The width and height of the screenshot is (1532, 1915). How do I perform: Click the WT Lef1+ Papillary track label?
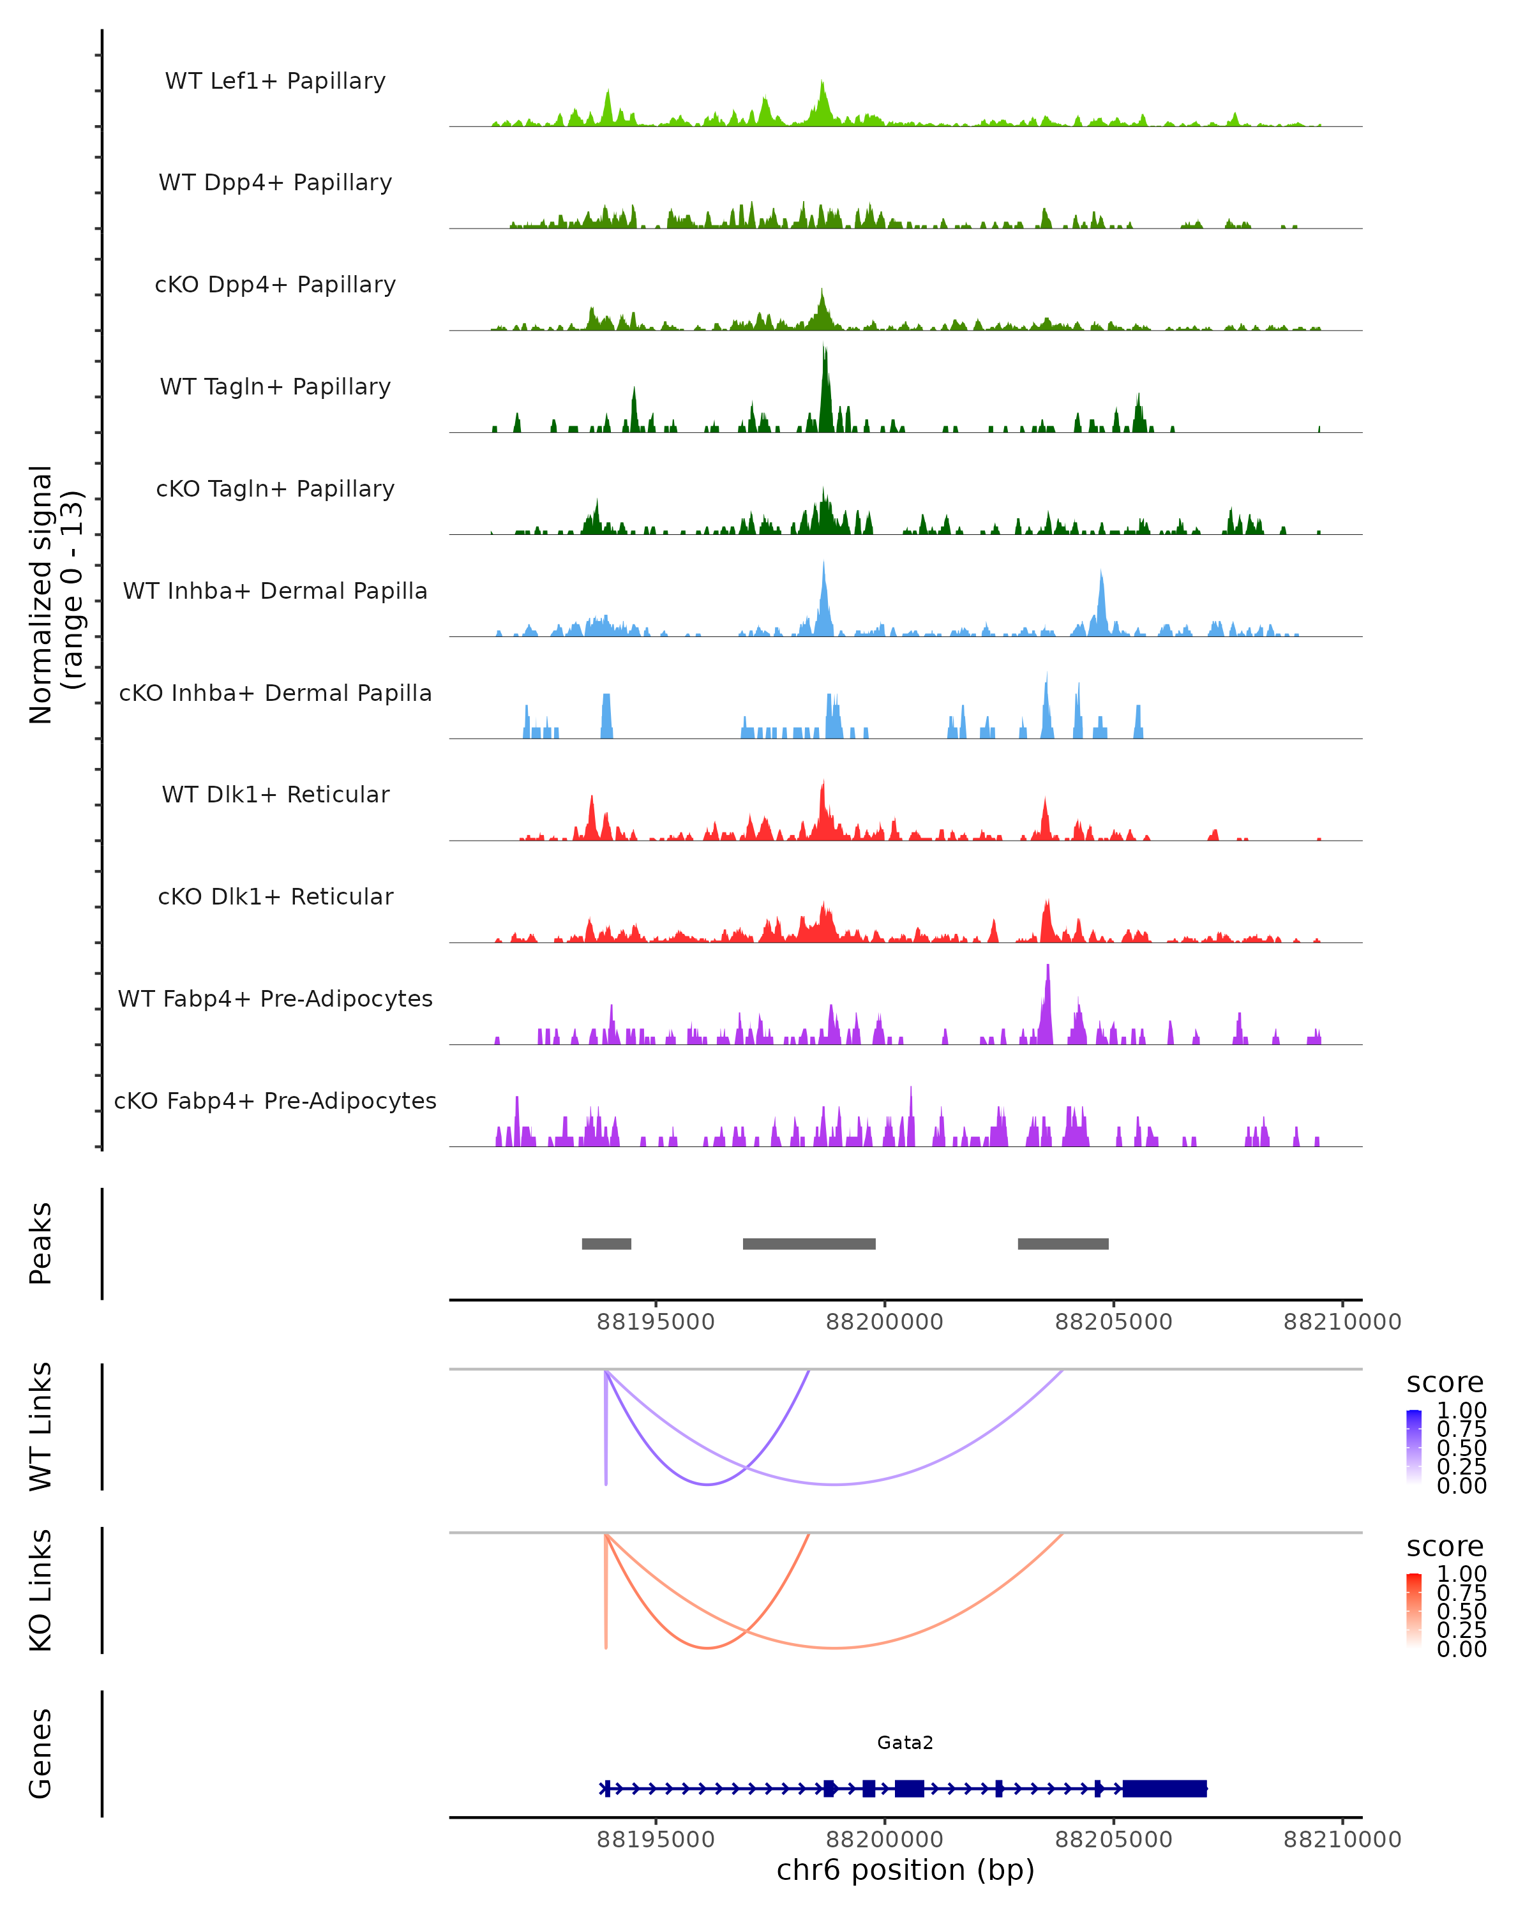tap(275, 81)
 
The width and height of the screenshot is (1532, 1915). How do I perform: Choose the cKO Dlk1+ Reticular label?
tap(275, 896)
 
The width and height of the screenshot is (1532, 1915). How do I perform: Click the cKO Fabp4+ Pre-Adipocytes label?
tap(275, 1100)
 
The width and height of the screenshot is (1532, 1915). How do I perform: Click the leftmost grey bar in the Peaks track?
tap(606, 1243)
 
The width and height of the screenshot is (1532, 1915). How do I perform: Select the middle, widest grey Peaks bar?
tap(809, 1243)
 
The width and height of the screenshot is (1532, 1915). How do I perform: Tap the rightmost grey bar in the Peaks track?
tap(1063, 1243)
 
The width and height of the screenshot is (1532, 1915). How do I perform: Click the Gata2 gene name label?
tap(905, 1743)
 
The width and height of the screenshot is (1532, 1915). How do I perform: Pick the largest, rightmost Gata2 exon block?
tap(1164, 1788)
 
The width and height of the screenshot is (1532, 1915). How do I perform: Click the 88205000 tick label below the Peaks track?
tap(1114, 1322)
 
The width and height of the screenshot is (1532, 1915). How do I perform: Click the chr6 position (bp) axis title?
tap(905, 1870)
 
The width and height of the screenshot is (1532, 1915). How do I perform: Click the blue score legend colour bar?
tap(1414, 1447)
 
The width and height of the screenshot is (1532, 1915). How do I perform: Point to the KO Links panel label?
tap(41, 1590)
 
